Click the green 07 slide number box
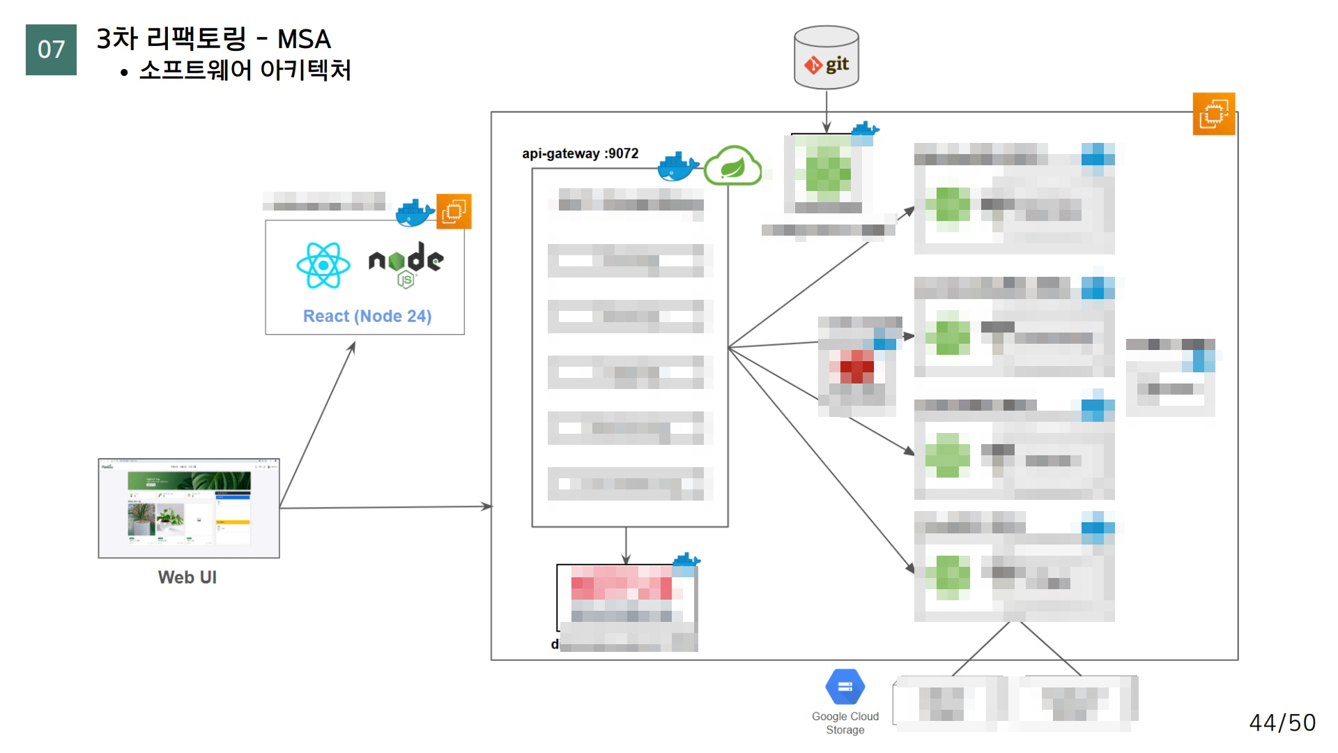(x=51, y=50)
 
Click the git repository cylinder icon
(x=826, y=58)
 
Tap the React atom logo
(x=323, y=265)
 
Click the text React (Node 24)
(x=367, y=317)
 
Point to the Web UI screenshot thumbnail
(x=189, y=508)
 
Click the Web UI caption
(x=187, y=577)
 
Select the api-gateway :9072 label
(x=580, y=153)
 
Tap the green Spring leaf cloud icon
(x=732, y=166)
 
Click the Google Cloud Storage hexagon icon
(x=845, y=687)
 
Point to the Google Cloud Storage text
(x=845, y=723)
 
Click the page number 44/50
(x=1282, y=722)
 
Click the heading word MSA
(x=304, y=39)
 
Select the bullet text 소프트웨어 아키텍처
(x=245, y=70)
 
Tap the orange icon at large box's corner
(x=1213, y=114)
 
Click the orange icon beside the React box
(x=454, y=211)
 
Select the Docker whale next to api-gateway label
(x=677, y=166)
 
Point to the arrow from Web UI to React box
(x=317, y=425)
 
